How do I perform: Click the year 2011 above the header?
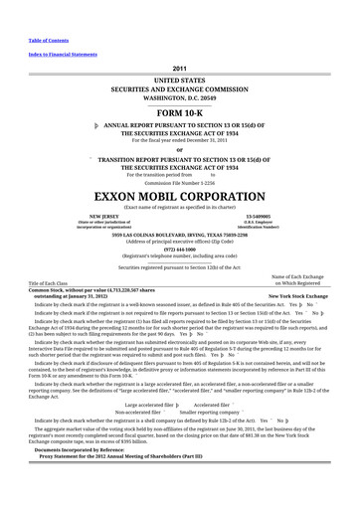coord(180,67)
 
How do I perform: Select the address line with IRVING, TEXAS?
coord(180,233)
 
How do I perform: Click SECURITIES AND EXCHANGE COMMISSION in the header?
coord(180,86)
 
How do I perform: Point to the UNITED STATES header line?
coord(180,78)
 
